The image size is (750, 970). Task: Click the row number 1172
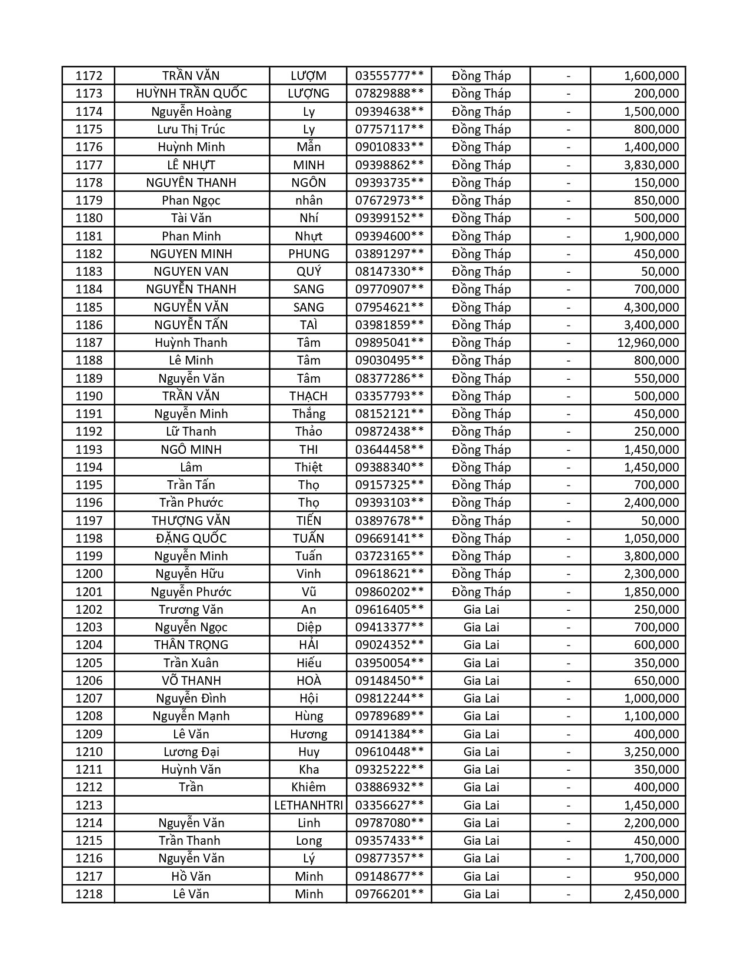pos(89,76)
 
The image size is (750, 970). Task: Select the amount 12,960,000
pos(648,343)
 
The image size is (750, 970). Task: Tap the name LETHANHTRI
pos(308,805)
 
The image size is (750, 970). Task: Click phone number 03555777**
pos(389,76)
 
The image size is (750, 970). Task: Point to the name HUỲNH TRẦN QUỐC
pos(191,93)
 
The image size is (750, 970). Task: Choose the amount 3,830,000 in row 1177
pos(651,165)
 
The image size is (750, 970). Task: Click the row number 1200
pos(89,574)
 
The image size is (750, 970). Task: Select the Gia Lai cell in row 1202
pos(481,610)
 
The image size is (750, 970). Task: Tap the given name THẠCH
pos(308,396)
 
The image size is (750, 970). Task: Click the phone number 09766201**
pos(389,894)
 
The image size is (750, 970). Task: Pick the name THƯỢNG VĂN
pos(191,521)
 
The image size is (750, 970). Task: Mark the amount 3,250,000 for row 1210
pos(651,752)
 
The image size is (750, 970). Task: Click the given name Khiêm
pos(308,787)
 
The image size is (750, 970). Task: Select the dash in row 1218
pos(568,894)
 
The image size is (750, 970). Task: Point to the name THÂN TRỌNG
pos(191,645)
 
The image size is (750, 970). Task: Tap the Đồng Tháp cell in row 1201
pos(481,592)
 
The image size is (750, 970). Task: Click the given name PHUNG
pos(308,254)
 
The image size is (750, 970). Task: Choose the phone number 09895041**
pos(389,343)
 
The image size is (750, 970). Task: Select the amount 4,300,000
pos(651,307)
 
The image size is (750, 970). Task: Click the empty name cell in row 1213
pos(191,805)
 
